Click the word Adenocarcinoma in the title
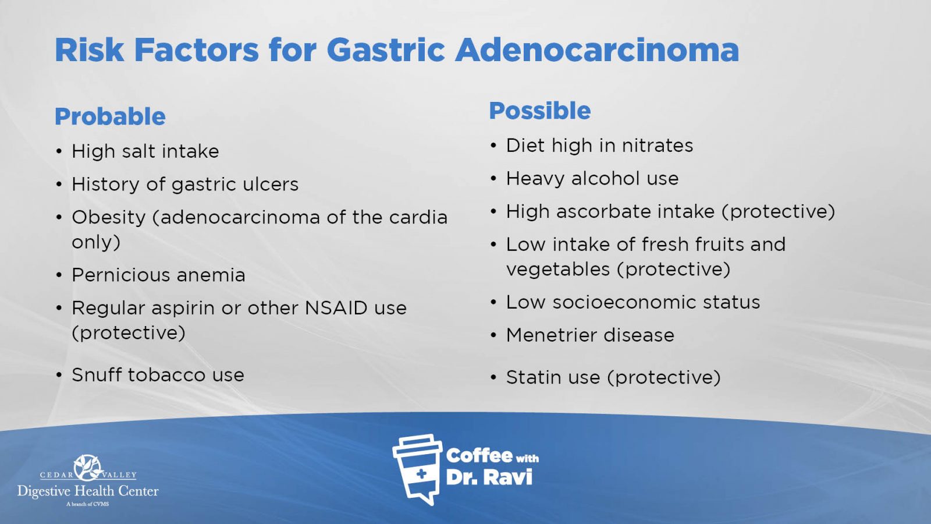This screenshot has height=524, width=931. point(597,50)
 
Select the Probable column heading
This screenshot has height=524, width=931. point(110,116)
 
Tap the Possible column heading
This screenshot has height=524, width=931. point(540,111)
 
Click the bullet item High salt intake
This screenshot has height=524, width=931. point(145,151)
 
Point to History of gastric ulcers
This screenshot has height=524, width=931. point(185,184)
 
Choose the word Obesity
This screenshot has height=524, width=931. point(109,218)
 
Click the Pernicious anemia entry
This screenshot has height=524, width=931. point(158,275)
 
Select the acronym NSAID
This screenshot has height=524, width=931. point(336,308)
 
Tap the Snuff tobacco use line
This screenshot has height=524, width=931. point(158,375)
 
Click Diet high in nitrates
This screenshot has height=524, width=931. point(599,146)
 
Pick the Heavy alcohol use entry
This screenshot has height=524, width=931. point(592,178)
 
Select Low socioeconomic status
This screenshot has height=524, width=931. point(633,302)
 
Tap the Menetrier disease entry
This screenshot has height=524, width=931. point(590,335)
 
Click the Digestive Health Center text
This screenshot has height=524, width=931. point(88,491)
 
